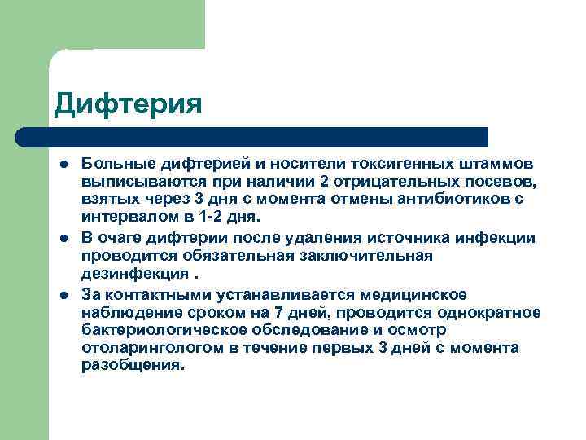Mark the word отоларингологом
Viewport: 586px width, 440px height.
pyautogui.click(x=143, y=348)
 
